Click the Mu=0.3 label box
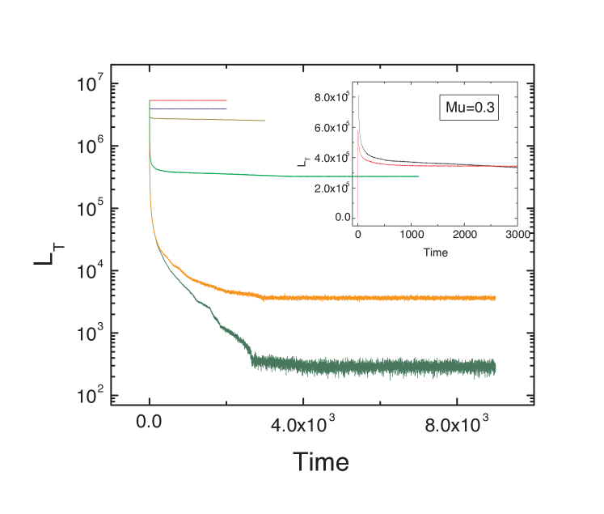(468, 106)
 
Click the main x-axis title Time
(320, 462)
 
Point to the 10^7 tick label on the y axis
(91, 83)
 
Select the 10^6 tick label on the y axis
(91, 146)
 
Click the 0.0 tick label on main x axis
(150, 423)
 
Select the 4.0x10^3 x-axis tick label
(304, 423)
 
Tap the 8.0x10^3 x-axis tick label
(458, 423)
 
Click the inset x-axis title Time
(436, 253)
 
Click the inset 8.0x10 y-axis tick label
(332, 98)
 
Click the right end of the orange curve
(494, 298)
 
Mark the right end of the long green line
(418, 176)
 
